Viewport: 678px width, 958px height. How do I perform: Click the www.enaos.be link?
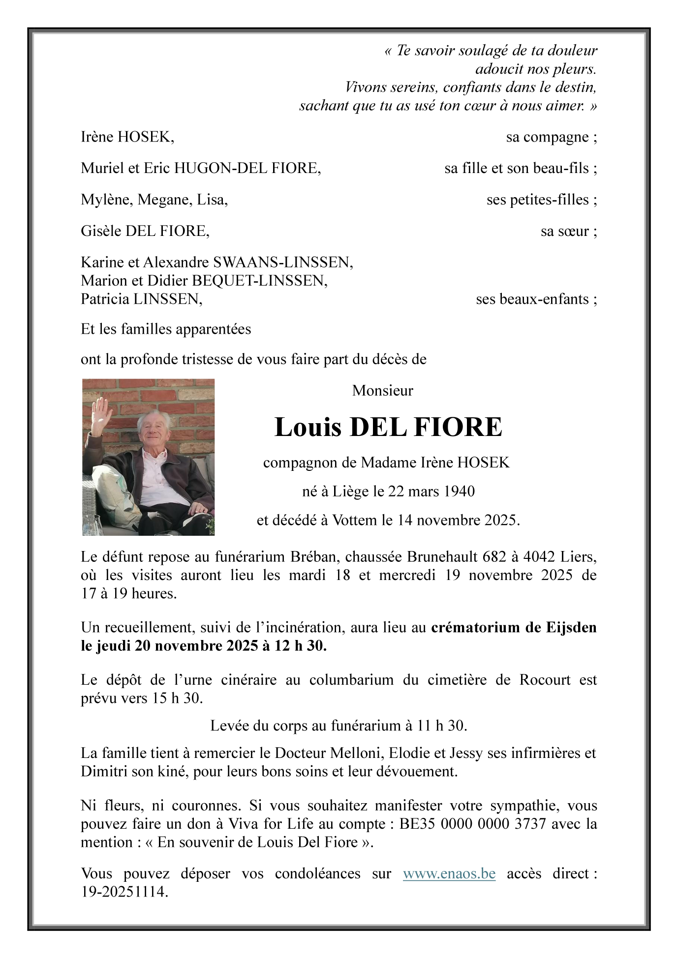point(449,873)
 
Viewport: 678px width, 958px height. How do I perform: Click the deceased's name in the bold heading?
point(388,427)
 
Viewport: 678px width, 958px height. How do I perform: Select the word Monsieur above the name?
point(382,390)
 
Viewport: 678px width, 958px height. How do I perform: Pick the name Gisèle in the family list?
point(101,231)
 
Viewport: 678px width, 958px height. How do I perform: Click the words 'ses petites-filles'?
point(537,200)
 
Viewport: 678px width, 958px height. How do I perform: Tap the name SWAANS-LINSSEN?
point(282,262)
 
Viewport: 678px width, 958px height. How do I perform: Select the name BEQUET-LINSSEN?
point(259,281)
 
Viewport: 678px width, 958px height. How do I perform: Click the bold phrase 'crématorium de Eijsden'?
point(514,628)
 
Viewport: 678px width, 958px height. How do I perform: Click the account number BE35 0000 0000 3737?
point(472,824)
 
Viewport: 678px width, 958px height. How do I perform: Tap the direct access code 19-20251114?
point(124,892)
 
